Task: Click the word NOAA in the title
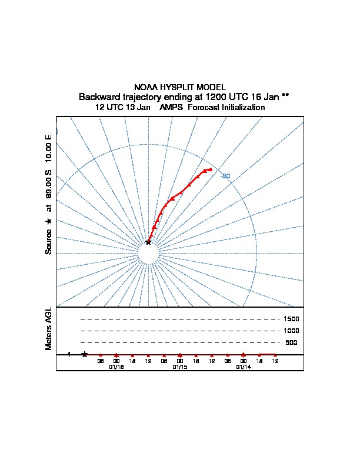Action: tap(146, 87)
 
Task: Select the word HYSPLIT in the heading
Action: tap(175, 87)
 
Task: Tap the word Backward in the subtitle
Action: tap(99, 96)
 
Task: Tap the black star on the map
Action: tap(148, 242)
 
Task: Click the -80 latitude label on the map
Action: tap(225, 176)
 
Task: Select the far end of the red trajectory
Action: tap(210, 169)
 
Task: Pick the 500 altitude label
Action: tap(292, 342)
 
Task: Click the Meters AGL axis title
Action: tap(49, 328)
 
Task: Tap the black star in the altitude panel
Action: tap(85, 354)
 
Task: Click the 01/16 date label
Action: tap(116, 367)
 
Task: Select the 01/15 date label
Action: tap(180, 367)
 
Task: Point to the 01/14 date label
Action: tap(244, 367)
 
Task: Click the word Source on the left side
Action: tap(49, 241)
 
